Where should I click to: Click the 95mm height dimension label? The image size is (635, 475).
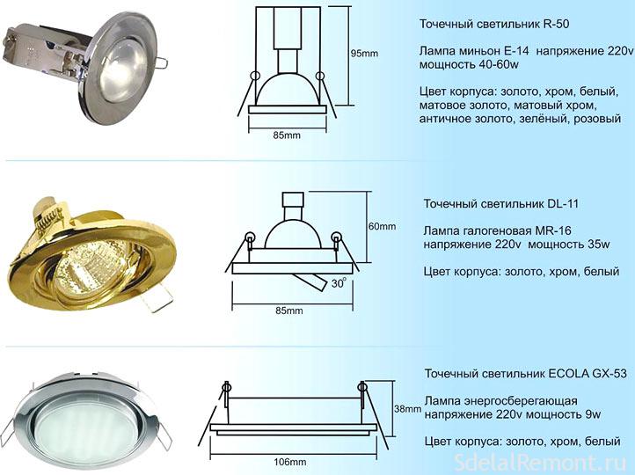click(364, 53)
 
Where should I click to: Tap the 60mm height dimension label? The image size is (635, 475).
click(382, 226)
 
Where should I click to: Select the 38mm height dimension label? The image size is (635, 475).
click(408, 409)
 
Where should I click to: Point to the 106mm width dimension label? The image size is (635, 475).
click(290, 462)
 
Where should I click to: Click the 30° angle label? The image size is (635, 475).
click(339, 282)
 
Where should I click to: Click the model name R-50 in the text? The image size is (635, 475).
click(555, 24)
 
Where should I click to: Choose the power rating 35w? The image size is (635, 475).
click(599, 245)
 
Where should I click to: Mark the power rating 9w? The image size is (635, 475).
click(594, 414)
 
